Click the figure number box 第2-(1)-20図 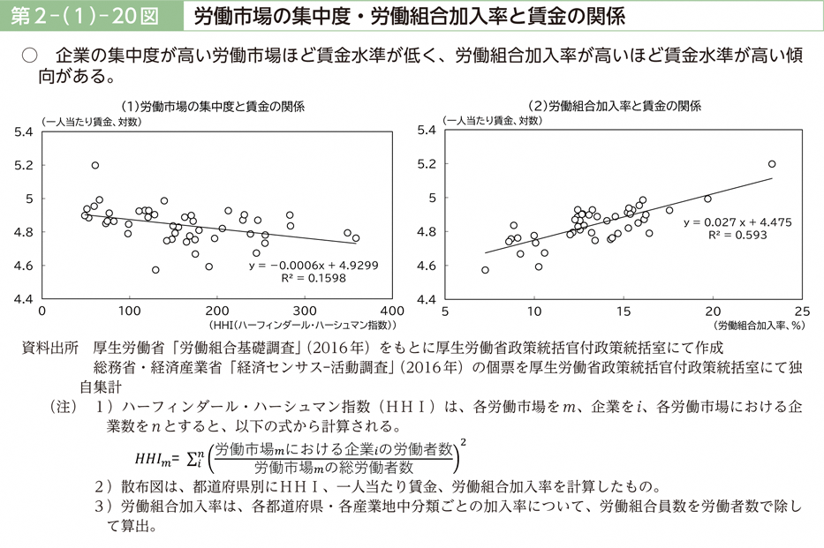coord(86,15)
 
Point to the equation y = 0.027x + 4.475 coord(730,222)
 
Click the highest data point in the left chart coord(95,165)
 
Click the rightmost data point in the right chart coord(772,164)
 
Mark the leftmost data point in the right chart coord(485,270)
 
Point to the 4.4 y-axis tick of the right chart coord(427,299)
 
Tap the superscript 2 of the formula coord(464,440)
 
